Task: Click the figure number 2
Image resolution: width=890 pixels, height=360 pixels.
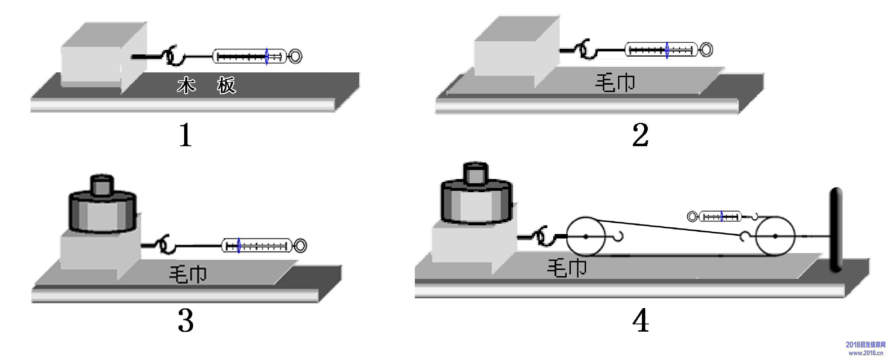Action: tap(640, 135)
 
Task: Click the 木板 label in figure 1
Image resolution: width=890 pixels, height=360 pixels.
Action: tap(206, 85)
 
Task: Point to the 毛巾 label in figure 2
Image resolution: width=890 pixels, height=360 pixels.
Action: tap(615, 83)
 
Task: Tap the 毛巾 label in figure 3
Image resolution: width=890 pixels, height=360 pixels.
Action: tap(187, 275)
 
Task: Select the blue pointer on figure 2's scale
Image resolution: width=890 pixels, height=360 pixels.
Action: tap(667, 51)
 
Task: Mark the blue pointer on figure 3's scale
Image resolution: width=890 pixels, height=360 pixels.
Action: tap(238, 246)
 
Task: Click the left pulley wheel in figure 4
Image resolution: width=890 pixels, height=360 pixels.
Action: tap(586, 237)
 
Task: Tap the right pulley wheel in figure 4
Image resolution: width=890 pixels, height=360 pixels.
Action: tap(775, 236)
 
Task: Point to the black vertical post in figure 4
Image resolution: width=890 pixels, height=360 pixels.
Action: tap(836, 230)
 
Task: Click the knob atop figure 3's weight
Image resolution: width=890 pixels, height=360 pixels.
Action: tap(102, 185)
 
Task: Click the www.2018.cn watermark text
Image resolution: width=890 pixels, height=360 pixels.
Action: tap(866, 353)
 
